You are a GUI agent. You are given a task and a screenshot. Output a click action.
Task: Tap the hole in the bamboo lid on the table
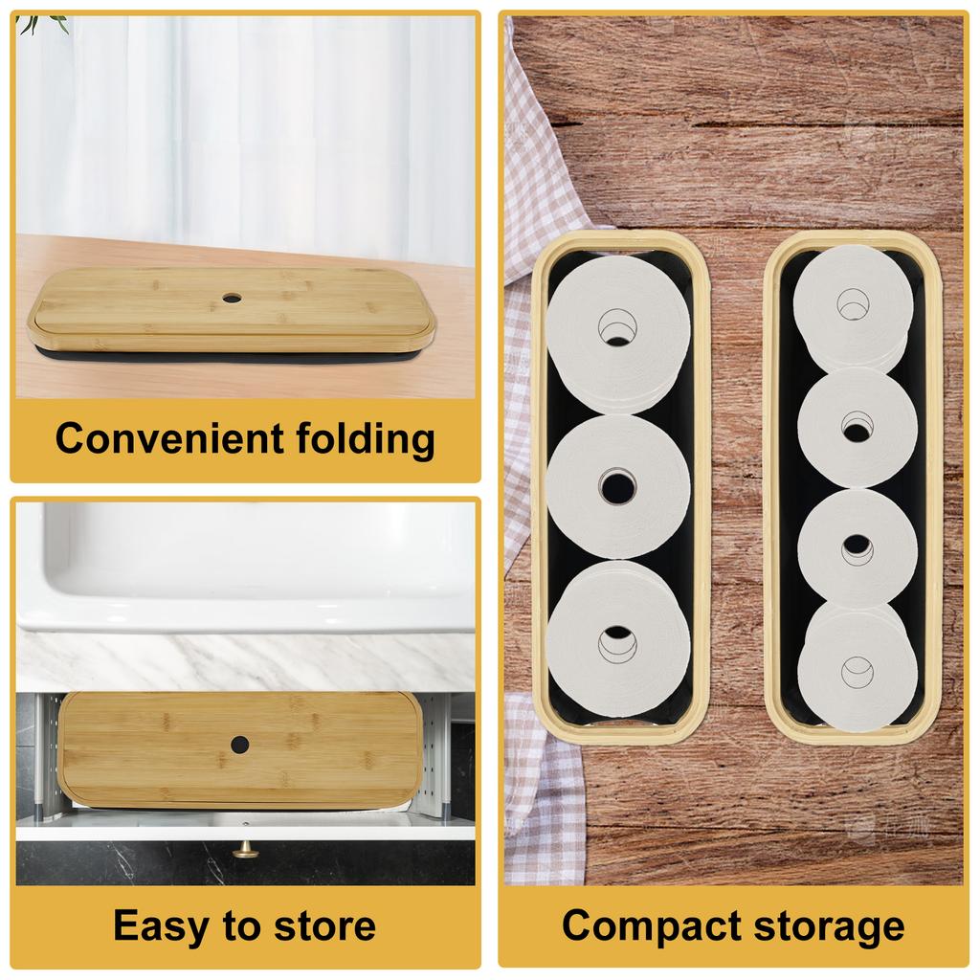(x=232, y=299)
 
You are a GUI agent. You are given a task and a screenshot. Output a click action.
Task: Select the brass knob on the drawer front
(x=246, y=849)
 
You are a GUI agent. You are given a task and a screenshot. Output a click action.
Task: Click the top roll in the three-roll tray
(x=618, y=325)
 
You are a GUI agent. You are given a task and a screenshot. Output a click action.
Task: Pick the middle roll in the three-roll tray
(x=618, y=485)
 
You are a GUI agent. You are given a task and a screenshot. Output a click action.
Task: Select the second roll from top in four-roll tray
(x=856, y=427)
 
